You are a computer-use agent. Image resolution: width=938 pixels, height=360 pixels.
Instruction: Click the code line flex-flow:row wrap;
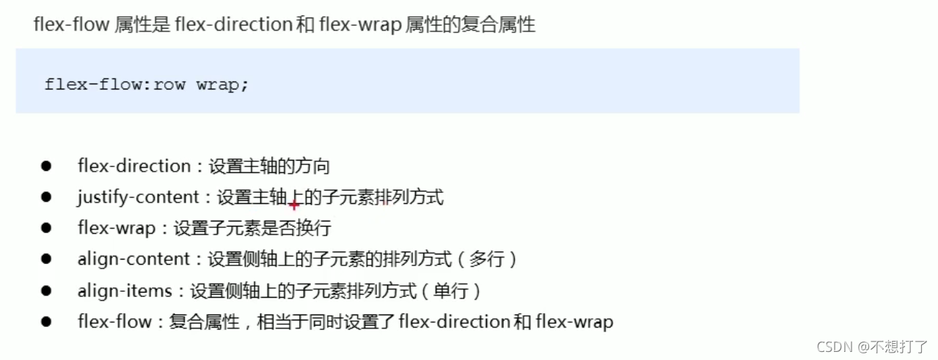click(x=147, y=84)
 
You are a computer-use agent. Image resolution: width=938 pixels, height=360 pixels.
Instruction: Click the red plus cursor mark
click(x=294, y=205)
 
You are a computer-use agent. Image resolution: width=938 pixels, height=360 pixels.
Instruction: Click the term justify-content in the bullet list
click(x=138, y=197)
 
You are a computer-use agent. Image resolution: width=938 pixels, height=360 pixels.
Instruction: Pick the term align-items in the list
click(x=125, y=290)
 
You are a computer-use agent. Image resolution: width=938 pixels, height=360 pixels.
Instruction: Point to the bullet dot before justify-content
click(x=47, y=197)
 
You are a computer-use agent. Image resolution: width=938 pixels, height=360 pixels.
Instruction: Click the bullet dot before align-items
click(x=47, y=290)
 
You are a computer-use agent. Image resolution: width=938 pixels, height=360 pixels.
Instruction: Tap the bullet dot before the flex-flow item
click(x=47, y=321)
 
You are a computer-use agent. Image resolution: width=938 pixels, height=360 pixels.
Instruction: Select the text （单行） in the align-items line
click(x=450, y=290)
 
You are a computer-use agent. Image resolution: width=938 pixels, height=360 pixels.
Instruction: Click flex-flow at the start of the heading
click(x=71, y=25)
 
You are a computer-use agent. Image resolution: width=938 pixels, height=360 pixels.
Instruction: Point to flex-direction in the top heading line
click(x=233, y=25)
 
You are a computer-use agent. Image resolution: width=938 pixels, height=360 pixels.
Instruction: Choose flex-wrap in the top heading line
click(x=359, y=25)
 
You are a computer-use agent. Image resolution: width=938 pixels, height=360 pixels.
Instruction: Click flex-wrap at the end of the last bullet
click(x=574, y=321)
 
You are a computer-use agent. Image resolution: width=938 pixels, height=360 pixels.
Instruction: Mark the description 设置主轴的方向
click(x=269, y=166)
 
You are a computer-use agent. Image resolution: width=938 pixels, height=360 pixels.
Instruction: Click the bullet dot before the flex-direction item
click(x=47, y=166)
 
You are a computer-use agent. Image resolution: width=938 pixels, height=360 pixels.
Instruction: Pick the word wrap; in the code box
click(x=222, y=84)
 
